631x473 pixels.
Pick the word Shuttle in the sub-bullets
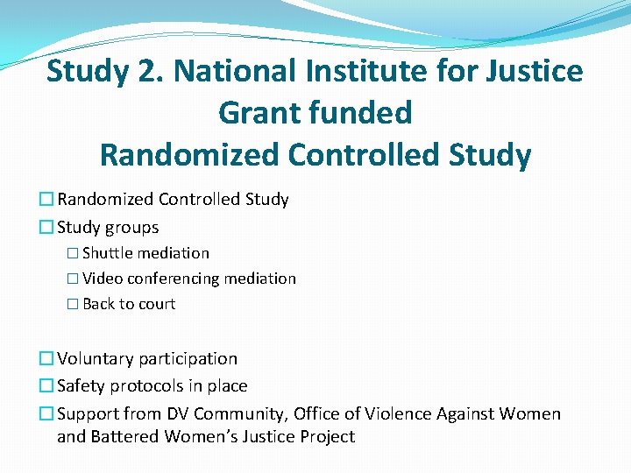tap(107, 253)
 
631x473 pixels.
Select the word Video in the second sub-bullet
tap(103, 279)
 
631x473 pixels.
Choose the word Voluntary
tap(95, 358)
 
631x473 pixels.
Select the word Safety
tap(82, 385)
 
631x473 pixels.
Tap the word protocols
tap(150, 385)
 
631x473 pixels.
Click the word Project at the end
tap(327, 436)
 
